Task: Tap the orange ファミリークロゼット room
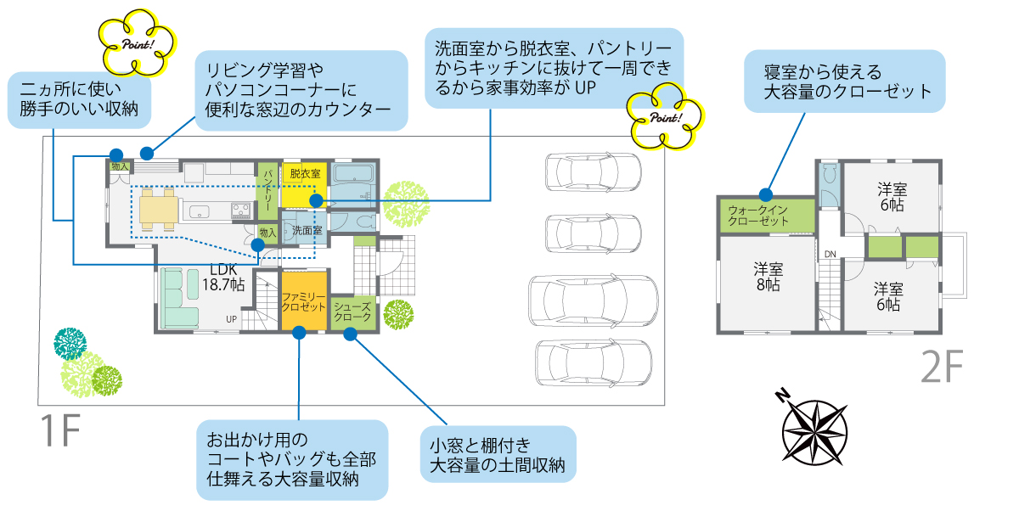303,300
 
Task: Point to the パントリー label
267,188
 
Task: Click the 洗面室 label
306,230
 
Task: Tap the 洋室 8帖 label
769,277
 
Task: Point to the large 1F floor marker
59,433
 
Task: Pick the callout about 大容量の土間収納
498,455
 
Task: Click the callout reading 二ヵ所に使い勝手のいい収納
79,98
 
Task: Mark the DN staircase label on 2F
830,254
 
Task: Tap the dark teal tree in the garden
70,342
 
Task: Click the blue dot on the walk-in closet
766,193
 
